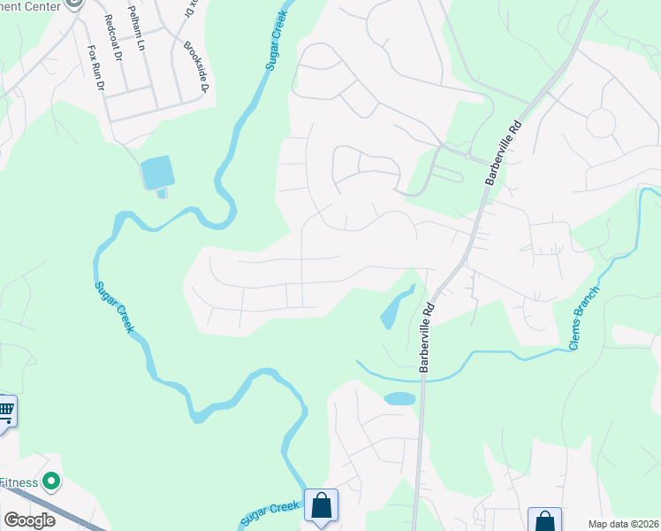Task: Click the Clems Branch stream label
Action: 585,317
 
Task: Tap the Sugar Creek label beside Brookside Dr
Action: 279,44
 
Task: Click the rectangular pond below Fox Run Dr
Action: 156,172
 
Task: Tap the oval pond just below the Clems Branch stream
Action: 399,398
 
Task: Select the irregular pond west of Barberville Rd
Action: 394,309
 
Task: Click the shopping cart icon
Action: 6,410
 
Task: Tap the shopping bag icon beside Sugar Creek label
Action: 320,506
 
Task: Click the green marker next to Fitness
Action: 52,482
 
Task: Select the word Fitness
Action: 19,482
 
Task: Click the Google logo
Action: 28,520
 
